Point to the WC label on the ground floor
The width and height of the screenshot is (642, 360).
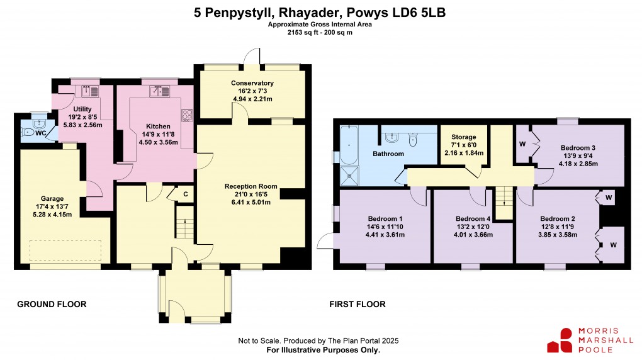40,133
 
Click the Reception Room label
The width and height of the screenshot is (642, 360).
251,186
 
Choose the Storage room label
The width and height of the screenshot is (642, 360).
463,137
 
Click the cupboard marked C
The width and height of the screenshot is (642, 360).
185,193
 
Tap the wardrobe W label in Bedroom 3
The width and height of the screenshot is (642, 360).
522,143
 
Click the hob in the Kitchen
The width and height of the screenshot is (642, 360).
187,115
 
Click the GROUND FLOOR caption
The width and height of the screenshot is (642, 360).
52,305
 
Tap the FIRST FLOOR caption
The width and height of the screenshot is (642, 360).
357,305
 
